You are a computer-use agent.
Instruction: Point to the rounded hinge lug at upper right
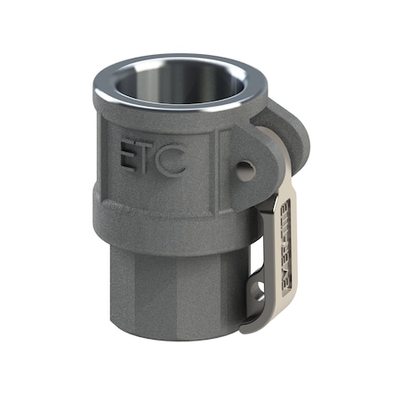point(289,133)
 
